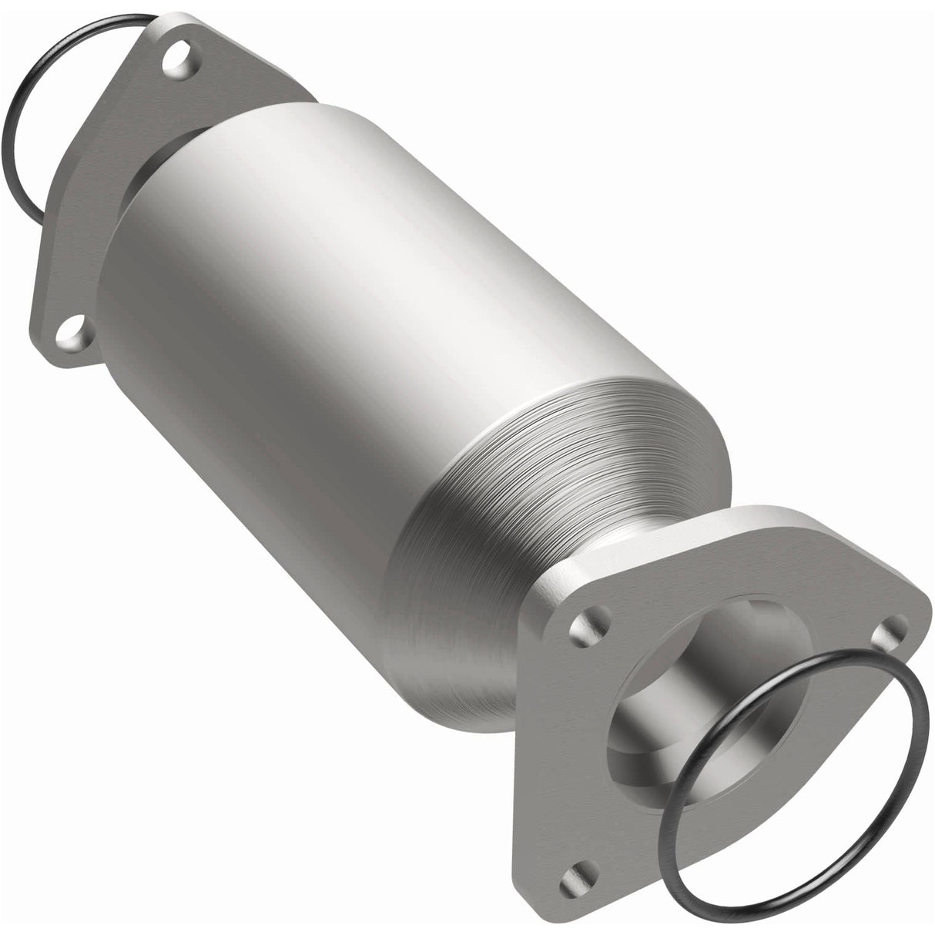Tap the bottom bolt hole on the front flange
point(575,872)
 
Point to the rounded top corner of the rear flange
point(173,27)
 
